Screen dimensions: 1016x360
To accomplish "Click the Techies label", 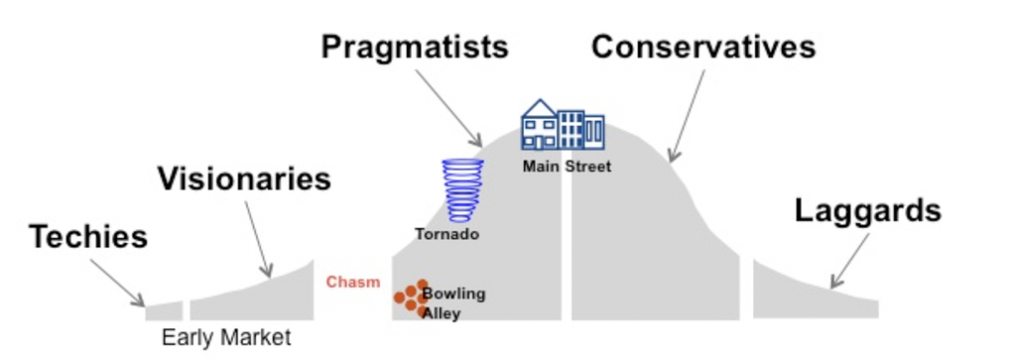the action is pyautogui.click(x=88, y=237).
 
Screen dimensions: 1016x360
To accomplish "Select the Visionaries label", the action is pyautogui.click(x=244, y=179).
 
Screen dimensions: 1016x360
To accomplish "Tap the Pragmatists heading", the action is pyautogui.click(x=415, y=48).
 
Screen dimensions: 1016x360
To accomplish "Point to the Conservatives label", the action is pyautogui.click(x=703, y=47).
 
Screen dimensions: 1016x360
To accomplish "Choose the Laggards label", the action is pyautogui.click(x=867, y=210).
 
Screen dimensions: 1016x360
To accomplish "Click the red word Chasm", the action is pyautogui.click(x=353, y=283).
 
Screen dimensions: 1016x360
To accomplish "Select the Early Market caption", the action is pyautogui.click(x=226, y=337).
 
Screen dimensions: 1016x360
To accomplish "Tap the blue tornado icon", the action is pyautogui.click(x=463, y=191).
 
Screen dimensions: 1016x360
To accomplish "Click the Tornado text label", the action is pyautogui.click(x=447, y=234).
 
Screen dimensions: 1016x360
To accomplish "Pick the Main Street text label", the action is pyautogui.click(x=567, y=167).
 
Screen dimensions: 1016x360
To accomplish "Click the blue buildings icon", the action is pyautogui.click(x=563, y=125).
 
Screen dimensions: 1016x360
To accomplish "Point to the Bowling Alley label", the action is pyautogui.click(x=452, y=303).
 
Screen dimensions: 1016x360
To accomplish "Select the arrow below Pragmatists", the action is pyautogui.click(x=449, y=108).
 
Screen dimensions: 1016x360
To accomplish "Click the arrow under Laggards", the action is pyautogui.click(x=850, y=261).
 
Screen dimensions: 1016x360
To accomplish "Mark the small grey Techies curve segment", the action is pyautogui.click(x=164, y=311).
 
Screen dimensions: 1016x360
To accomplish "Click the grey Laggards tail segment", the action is pyautogui.click(x=816, y=289).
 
